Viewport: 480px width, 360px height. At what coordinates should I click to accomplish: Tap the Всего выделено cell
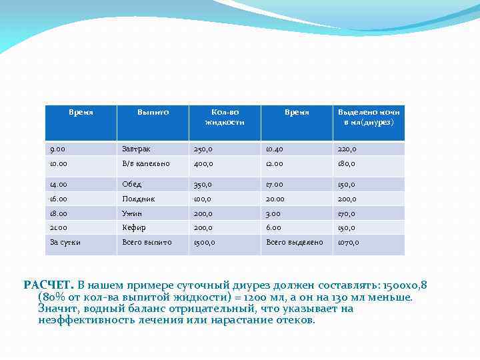coord(294,242)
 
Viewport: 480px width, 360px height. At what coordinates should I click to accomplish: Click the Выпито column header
coord(153,112)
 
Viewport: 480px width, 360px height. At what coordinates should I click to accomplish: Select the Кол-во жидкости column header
coord(224,117)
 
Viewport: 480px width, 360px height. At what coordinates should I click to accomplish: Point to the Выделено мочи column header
coord(369,117)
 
